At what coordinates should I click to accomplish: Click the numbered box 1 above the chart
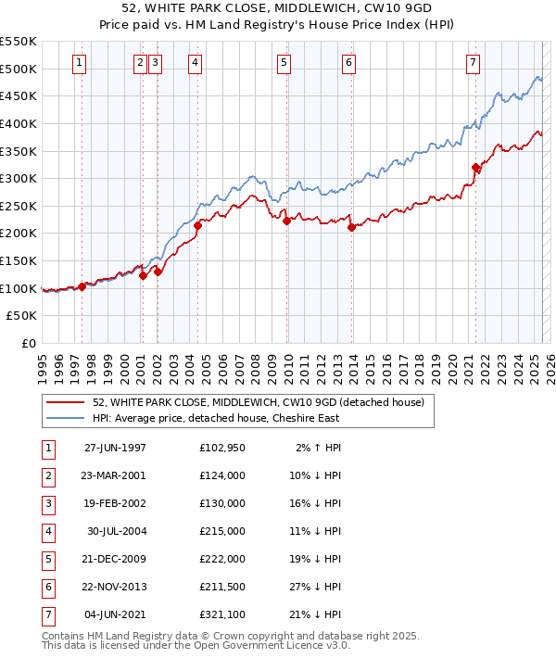[x=79, y=63]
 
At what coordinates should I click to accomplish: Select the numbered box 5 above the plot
[x=284, y=63]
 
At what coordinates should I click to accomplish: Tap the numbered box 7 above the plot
[x=473, y=63]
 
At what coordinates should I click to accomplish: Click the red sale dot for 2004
[x=198, y=225]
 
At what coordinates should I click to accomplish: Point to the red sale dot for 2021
[x=476, y=168]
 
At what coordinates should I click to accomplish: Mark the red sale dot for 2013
[x=351, y=227]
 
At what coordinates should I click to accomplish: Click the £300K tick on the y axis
[x=19, y=178]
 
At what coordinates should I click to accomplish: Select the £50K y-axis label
[x=22, y=316]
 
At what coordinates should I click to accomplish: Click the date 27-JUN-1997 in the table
[x=115, y=449]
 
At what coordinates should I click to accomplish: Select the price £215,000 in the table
[x=221, y=532]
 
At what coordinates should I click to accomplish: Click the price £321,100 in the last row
[x=221, y=615]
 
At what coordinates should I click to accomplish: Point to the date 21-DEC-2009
[x=115, y=560]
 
